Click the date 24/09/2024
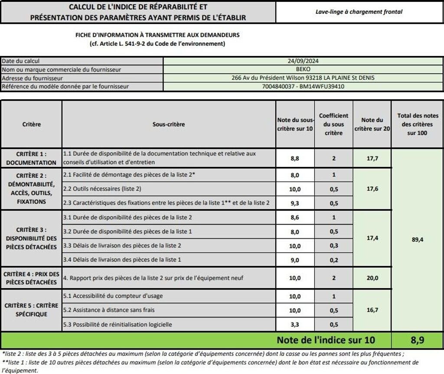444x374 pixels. (x=303, y=62)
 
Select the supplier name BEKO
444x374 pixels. (x=303, y=69)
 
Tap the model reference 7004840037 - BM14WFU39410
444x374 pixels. (x=303, y=86)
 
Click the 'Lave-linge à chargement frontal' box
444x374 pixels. (x=359, y=12)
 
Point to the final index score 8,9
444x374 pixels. (x=417, y=340)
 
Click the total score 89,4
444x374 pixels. (x=417, y=238)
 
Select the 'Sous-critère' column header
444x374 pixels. (x=169, y=124)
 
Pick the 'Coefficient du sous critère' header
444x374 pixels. (x=333, y=124)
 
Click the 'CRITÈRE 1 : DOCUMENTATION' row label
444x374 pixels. (x=31, y=158)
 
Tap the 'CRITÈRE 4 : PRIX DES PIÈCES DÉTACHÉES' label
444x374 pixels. (x=31, y=278)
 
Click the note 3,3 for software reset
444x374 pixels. (x=295, y=325)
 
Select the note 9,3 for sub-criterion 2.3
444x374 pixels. (x=295, y=203)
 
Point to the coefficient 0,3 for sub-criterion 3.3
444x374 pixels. (x=333, y=246)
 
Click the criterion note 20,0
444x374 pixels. (x=372, y=278)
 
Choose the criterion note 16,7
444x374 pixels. (x=372, y=310)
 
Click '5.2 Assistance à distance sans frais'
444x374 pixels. (x=109, y=310)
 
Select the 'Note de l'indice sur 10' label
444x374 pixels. (x=326, y=340)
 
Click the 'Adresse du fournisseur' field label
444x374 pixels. (x=33, y=78)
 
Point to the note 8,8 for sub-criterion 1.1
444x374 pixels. (x=295, y=159)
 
